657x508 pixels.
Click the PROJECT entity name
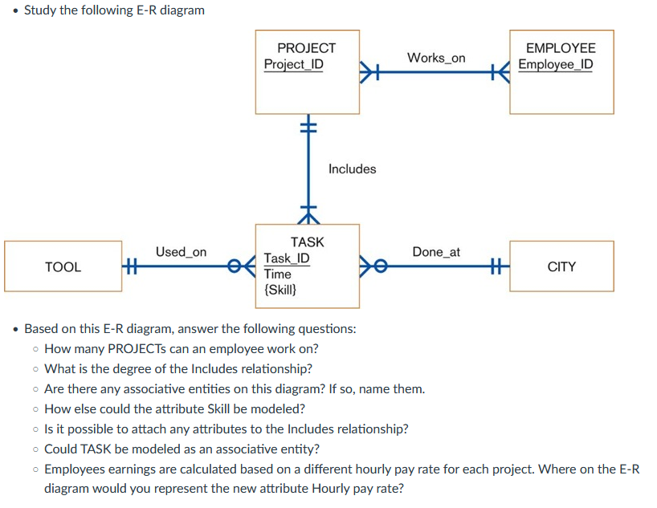point(306,48)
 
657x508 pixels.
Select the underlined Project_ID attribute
point(294,64)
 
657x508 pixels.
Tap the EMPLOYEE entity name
point(561,48)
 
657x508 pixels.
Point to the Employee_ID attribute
point(556,64)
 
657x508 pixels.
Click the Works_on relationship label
point(436,58)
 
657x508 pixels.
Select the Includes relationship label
point(352,169)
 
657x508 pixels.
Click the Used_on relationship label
point(181,252)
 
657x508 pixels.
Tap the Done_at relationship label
point(436,252)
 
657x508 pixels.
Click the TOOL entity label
point(63,266)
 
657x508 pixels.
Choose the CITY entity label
point(561,266)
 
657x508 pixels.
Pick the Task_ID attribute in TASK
point(287,258)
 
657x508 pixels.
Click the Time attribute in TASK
point(277,274)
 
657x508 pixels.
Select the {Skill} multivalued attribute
point(280,290)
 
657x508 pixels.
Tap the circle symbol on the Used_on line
point(234,266)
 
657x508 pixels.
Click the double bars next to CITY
point(496,266)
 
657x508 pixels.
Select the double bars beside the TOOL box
point(132,266)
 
